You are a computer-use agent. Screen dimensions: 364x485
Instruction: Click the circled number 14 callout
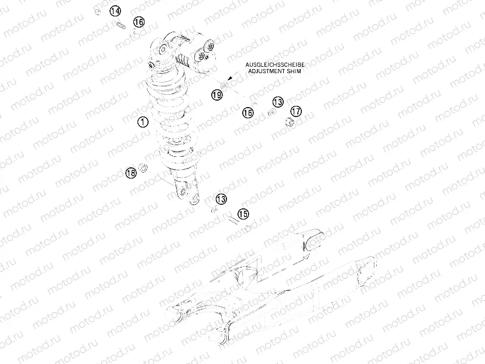coord(115,11)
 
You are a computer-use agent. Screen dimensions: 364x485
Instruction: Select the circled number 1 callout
coord(142,122)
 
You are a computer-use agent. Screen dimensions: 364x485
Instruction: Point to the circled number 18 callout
coord(130,172)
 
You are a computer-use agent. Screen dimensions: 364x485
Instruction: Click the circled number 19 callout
coord(217,94)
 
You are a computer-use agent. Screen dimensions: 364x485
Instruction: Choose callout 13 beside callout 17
coord(277,102)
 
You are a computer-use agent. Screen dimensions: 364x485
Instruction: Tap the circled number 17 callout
coord(296,111)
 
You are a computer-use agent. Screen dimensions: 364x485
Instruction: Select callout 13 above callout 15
coord(221,199)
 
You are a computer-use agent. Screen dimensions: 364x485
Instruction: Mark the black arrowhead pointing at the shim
coord(231,78)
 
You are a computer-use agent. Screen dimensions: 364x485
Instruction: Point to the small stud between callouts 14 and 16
coord(122,25)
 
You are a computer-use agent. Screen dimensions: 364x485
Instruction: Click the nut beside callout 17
coord(288,122)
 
